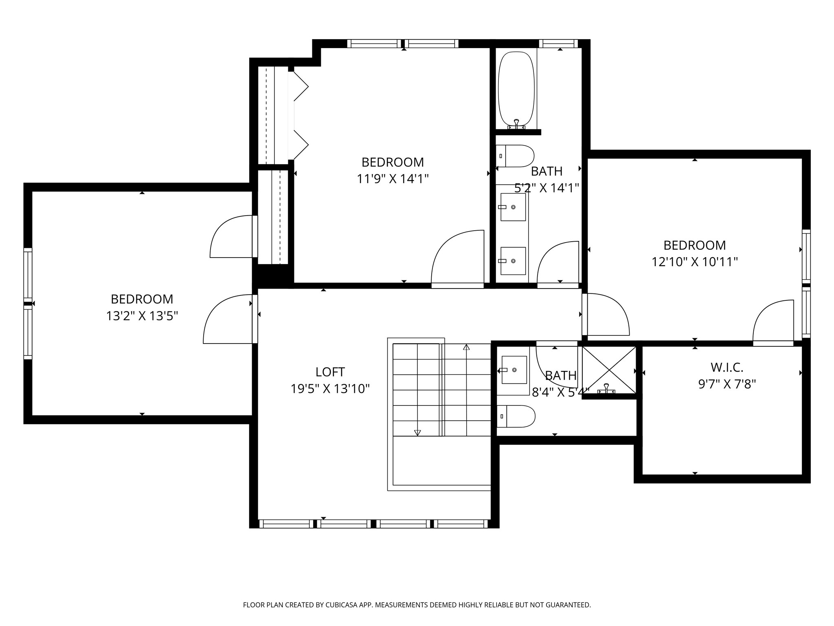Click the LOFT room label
pos(330,372)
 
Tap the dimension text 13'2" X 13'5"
pos(142,316)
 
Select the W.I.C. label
pos(727,368)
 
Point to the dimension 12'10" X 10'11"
pos(695,262)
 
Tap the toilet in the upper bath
pos(515,156)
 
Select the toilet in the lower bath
pos(516,416)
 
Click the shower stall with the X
pos(609,370)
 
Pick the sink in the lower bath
pos(514,370)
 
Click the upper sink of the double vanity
pos(513,207)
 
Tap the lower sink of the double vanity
pos(513,261)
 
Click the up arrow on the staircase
pos(466,347)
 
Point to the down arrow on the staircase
pos(417,432)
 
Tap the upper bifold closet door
pos(301,86)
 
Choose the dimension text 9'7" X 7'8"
pos(727,384)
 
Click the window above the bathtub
pos(558,44)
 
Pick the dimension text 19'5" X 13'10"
pos(330,389)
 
